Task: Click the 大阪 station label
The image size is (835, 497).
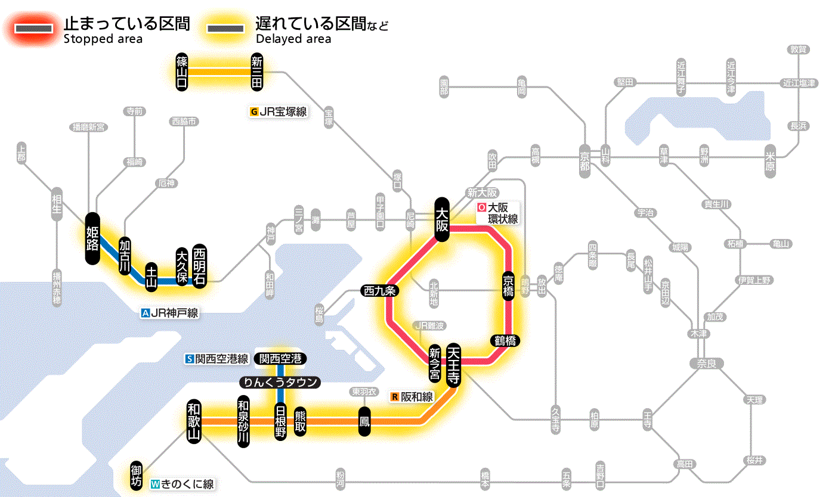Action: (442, 219)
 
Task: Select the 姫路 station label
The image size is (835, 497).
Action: (92, 238)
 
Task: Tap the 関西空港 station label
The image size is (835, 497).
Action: (280, 359)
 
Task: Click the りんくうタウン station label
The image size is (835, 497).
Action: (280, 382)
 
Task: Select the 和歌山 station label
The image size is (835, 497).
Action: (194, 421)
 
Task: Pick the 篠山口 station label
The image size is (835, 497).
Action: (182, 72)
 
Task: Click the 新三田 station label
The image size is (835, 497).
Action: (257, 72)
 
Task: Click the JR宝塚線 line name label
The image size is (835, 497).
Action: (279, 111)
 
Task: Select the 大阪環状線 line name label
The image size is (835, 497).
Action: (498, 213)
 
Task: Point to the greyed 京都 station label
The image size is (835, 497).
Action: (584, 157)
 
